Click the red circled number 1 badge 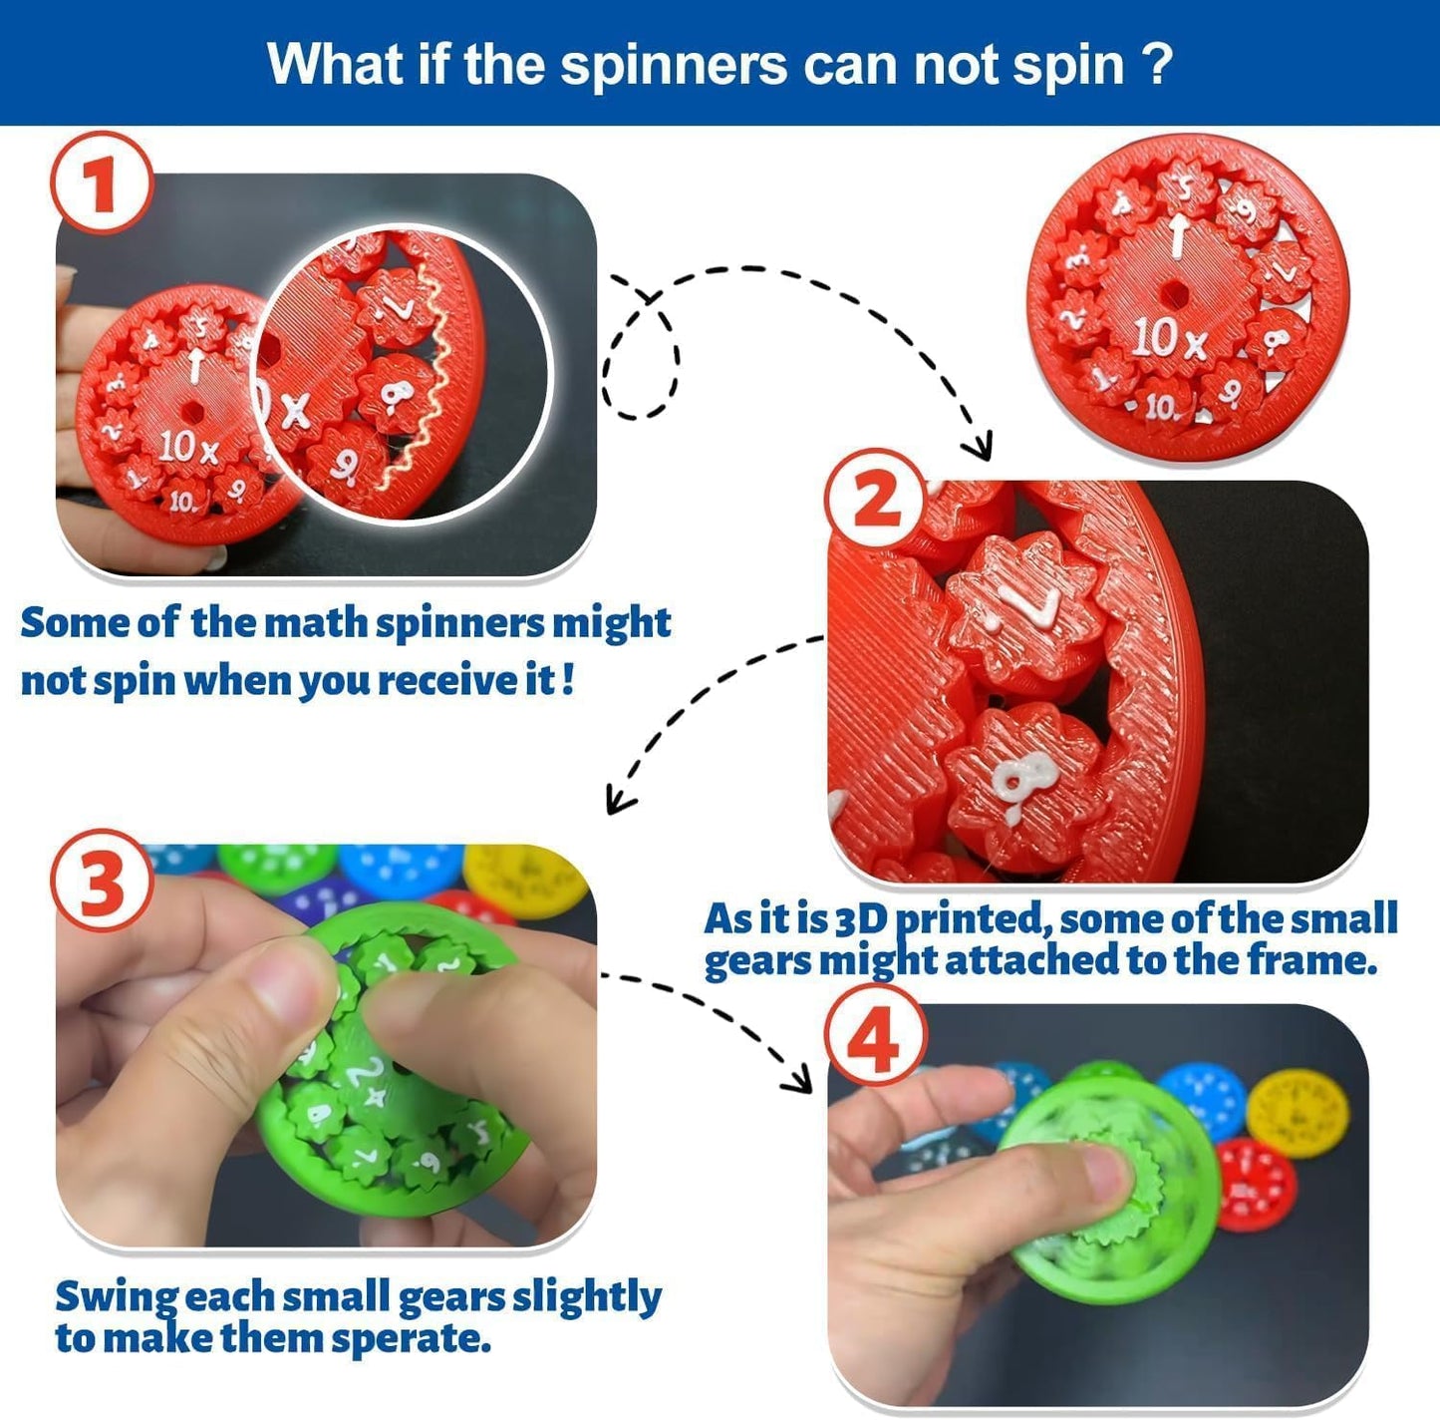tap(101, 183)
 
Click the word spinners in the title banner tap(675, 65)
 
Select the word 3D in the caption tap(862, 918)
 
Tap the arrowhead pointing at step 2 tap(980, 445)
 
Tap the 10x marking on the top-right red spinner tap(1169, 338)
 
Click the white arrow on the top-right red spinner tap(1178, 235)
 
